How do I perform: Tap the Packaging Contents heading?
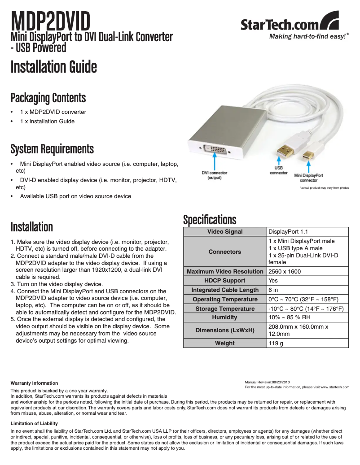pyautogui.click(x=48, y=97)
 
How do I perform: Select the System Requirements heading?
pyautogui.click(x=52, y=148)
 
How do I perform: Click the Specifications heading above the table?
pyautogui.click(x=210, y=220)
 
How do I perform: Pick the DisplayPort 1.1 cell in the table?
pyautogui.click(x=288, y=232)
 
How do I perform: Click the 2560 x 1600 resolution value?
pyautogui.click(x=285, y=272)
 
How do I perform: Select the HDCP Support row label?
pyautogui.click(x=225, y=281)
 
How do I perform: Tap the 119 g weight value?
pyautogui.click(x=276, y=343)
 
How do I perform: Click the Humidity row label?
pyautogui.click(x=225, y=317)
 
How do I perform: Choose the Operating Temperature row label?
pyautogui.click(x=225, y=299)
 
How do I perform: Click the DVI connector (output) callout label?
pyautogui.click(x=214, y=175)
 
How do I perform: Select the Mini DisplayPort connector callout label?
pyautogui.click(x=308, y=178)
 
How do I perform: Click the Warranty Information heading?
pyautogui.click(x=35, y=383)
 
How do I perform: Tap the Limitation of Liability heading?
pyautogui.click(x=35, y=423)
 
